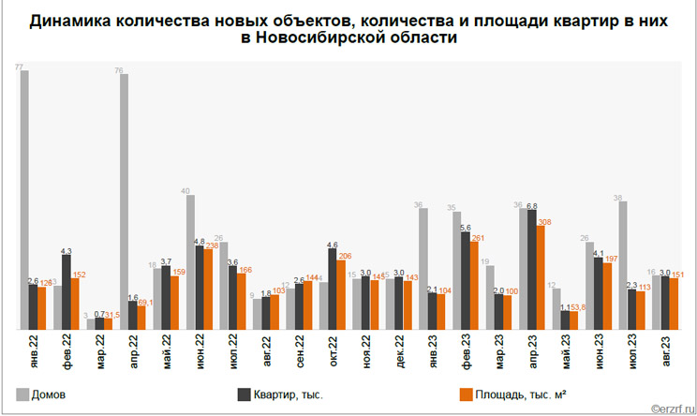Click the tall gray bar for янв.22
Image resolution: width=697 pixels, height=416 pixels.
coord(24,201)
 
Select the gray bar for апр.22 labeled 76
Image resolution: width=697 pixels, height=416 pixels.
coord(124,201)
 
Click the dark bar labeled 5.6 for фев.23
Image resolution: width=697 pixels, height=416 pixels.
coord(466,280)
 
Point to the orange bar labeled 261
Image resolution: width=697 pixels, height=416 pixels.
coord(474,285)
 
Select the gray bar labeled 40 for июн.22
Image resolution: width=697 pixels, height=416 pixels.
coord(190,262)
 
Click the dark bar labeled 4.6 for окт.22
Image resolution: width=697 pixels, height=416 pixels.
coord(333,289)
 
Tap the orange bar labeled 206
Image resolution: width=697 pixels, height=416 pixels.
coord(341,294)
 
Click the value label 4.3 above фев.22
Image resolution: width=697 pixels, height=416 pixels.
coord(66,250)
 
